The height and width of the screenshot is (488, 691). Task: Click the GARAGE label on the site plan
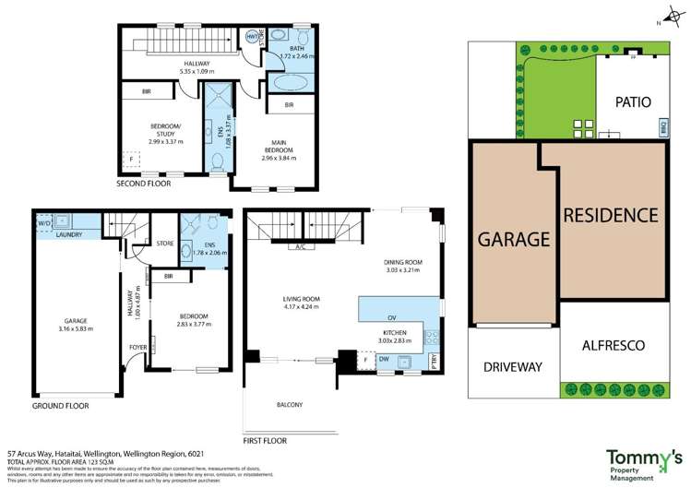(514, 239)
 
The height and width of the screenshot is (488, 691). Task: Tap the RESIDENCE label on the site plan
(611, 216)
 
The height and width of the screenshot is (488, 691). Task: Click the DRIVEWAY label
(513, 366)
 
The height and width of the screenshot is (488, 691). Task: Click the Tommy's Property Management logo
(643, 461)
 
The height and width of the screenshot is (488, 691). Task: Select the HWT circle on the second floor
(250, 37)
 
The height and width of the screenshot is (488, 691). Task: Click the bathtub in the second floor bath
(292, 82)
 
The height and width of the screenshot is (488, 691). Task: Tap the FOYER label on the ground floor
(137, 348)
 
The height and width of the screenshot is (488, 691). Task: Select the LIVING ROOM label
(301, 299)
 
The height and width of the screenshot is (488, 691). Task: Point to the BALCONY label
(289, 405)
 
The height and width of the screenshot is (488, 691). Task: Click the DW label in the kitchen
(382, 359)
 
